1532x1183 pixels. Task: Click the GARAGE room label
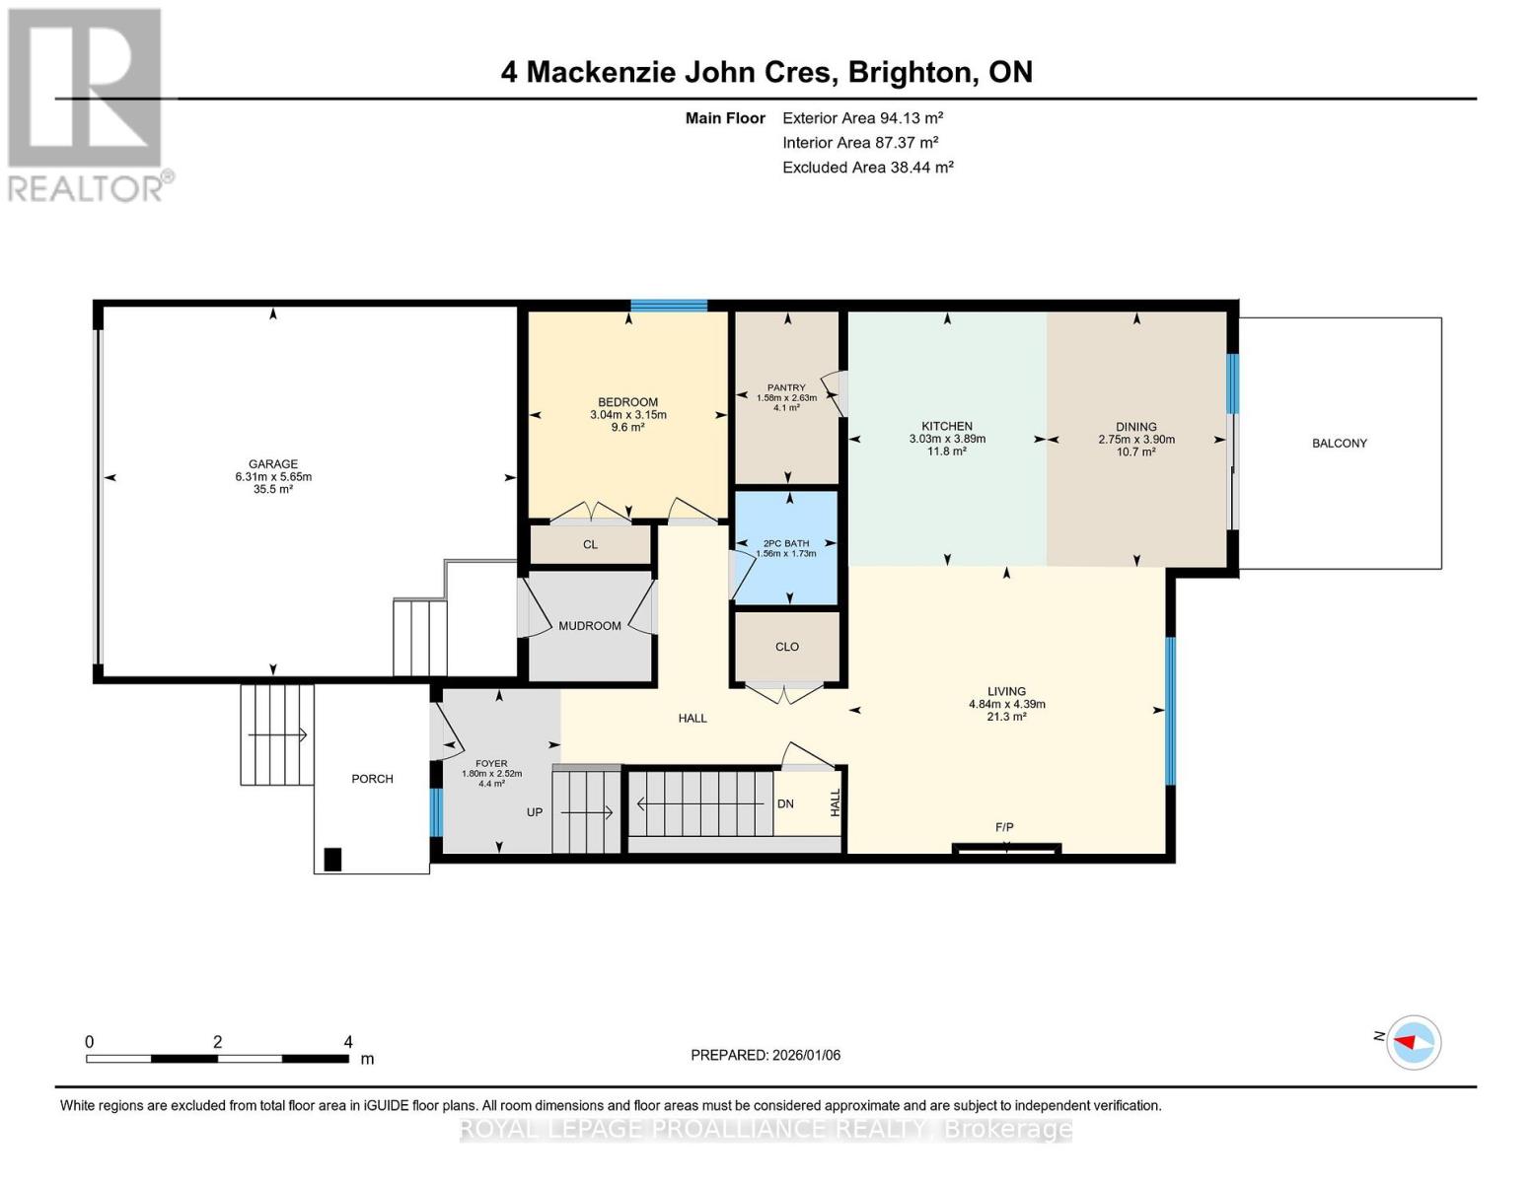click(273, 464)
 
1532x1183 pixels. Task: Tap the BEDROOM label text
click(627, 402)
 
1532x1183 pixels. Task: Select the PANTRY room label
click(786, 387)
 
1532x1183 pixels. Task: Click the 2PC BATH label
click(786, 543)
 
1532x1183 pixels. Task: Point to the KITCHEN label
click(947, 427)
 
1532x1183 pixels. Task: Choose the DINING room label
click(1136, 427)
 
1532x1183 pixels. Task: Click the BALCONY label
click(1339, 444)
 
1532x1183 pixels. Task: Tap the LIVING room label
click(1006, 691)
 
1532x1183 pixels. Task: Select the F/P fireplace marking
click(1004, 827)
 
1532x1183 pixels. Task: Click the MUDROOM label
click(590, 626)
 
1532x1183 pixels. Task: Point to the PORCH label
click(372, 779)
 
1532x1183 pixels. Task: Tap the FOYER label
click(491, 763)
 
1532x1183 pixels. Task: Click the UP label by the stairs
click(535, 812)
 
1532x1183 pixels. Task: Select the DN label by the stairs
click(785, 803)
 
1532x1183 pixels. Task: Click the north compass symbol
click(1414, 1042)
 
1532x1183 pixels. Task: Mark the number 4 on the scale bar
click(348, 1042)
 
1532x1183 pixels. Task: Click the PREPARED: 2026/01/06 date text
click(766, 1055)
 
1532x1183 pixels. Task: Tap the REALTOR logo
click(87, 104)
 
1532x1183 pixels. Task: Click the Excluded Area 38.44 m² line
click(868, 168)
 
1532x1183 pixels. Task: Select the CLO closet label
click(787, 647)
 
